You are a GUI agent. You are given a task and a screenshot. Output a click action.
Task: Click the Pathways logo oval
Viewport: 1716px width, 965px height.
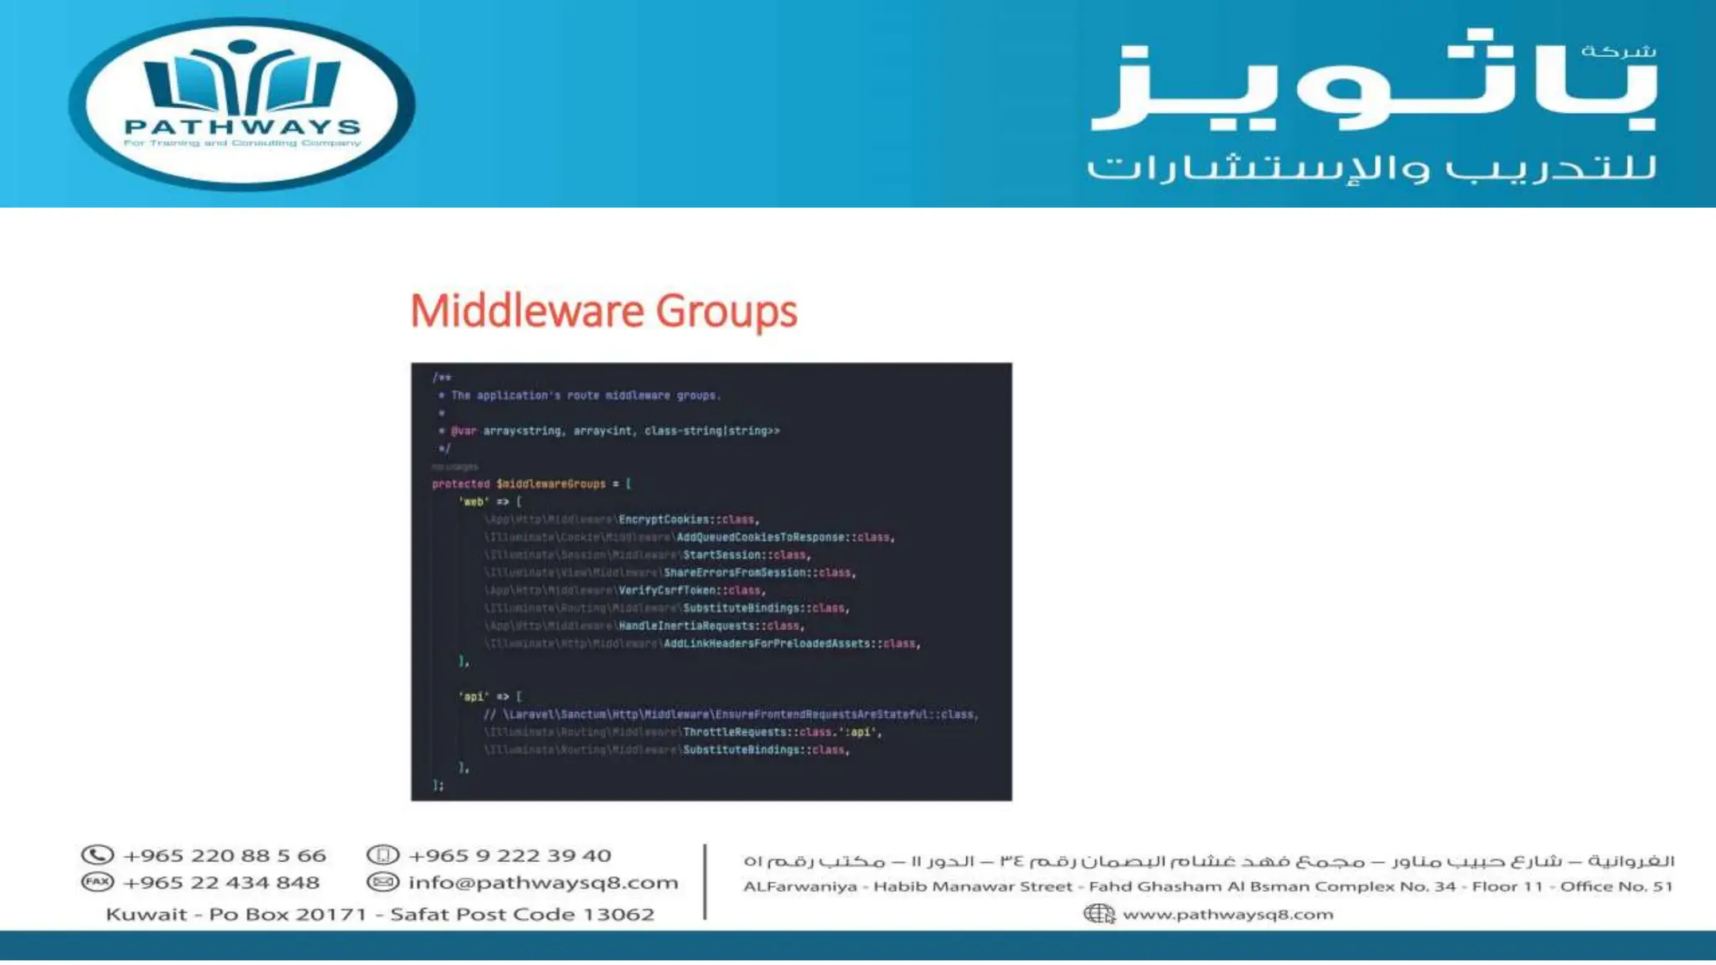pyautogui.click(x=241, y=104)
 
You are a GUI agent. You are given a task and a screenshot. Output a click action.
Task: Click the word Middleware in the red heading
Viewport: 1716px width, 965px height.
pyautogui.click(x=526, y=312)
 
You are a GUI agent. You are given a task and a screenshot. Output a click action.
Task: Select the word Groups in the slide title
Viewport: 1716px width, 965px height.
pyautogui.click(x=726, y=312)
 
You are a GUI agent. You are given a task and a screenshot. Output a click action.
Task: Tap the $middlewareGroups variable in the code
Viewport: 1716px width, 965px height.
pyautogui.click(x=550, y=484)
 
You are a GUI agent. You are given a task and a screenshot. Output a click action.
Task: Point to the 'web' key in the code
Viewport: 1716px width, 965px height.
pyautogui.click(x=473, y=502)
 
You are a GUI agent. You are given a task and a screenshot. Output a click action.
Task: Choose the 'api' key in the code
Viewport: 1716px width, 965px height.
pyautogui.click(x=473, y=697)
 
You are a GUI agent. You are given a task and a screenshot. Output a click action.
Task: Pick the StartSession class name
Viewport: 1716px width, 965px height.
pyautogui.click(x=722, y=555)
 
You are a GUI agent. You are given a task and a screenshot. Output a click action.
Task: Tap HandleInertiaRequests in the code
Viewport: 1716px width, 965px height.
pyautogui.click(x=687, y=626)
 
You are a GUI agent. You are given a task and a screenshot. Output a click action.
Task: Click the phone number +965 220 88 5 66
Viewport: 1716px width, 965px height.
pyautogui.click(x=224, y=855)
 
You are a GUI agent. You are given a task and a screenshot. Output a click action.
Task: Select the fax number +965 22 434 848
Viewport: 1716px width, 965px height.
pyautogui.click(x=220, y=882)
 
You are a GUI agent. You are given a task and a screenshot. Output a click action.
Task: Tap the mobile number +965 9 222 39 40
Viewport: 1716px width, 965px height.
pyautogui.click(x=509, y=855)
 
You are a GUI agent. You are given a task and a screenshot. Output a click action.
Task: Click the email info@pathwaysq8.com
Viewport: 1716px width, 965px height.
pyautogui.click(x=543, y=882)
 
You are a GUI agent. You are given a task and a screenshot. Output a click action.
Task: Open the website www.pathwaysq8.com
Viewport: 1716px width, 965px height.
pyautogui.click(x=1228, y=914)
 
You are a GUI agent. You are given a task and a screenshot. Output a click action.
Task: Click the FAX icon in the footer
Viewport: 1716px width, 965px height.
pyautogui.click(x=97, y=881)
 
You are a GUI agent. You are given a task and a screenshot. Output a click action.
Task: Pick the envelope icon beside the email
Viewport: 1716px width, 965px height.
pyautogui.click(x=383, y=881)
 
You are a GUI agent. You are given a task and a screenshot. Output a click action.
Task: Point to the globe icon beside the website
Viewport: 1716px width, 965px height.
pyautogui.click(x=1098, y=913)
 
